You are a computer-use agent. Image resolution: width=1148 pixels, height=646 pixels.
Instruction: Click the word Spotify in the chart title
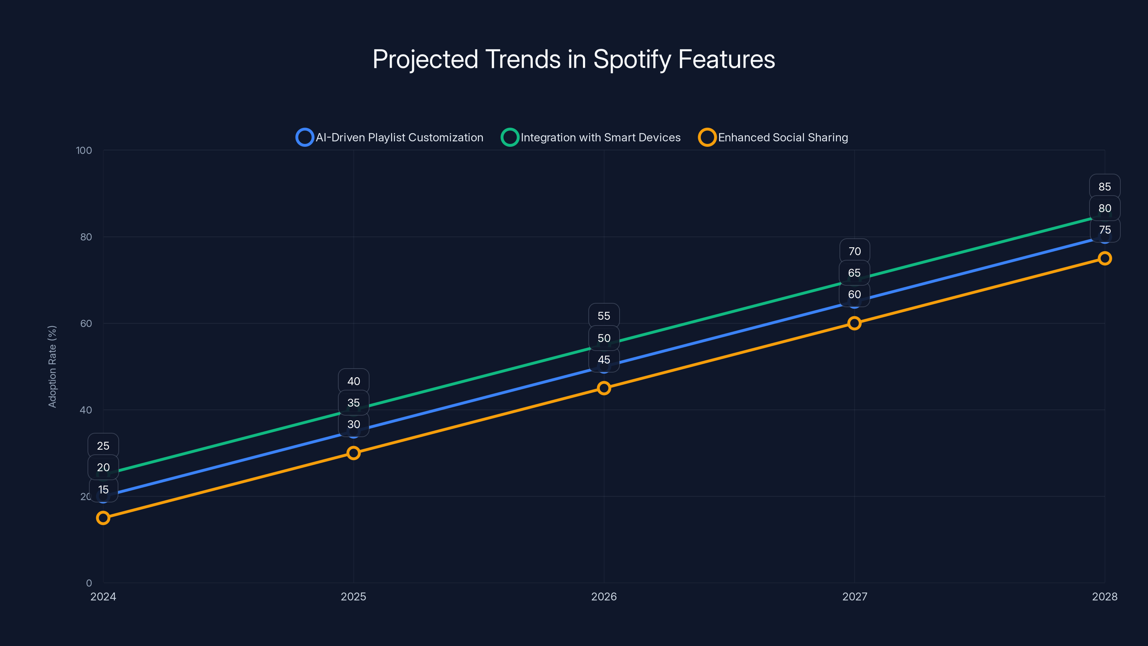(x=631, y=59)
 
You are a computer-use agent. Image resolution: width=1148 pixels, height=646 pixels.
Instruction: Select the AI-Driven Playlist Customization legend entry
(x=390, y=137)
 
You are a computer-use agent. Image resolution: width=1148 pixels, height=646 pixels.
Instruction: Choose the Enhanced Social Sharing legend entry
(x=774, y=137)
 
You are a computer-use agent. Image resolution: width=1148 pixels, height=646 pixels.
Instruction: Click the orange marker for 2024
(x=103, y=518)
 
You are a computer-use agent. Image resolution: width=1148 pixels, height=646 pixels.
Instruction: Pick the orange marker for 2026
(x=604, y=388)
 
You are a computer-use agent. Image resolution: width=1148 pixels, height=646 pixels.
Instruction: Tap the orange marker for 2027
(x=854, y=323)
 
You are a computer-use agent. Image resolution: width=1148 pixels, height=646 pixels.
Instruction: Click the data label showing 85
(x=1104, y=187)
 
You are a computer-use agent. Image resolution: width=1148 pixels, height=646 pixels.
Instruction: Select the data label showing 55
(x=604, y=316)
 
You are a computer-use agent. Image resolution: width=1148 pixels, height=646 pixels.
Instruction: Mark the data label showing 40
(x=353, y=381)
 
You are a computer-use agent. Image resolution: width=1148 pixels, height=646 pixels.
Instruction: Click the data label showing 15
(x=103, y=490)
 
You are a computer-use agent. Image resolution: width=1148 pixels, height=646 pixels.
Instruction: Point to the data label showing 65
(x=854, y=273)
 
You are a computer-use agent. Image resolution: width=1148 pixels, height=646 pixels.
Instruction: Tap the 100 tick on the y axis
(x=84, y=150)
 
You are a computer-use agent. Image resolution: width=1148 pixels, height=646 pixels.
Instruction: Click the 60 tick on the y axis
(x=86, y=323)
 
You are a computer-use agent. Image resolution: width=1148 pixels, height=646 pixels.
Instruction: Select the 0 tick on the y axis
(x=89, y=583)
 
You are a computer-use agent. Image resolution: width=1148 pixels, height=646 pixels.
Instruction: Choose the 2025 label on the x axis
(x=353, y=596)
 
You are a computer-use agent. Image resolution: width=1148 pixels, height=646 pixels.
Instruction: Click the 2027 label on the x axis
(x=854, y=596)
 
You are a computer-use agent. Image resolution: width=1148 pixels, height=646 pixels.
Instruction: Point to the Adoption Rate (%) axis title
(x=52, y=366)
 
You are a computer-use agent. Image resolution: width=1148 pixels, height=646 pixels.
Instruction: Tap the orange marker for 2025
(x=353, y=453)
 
